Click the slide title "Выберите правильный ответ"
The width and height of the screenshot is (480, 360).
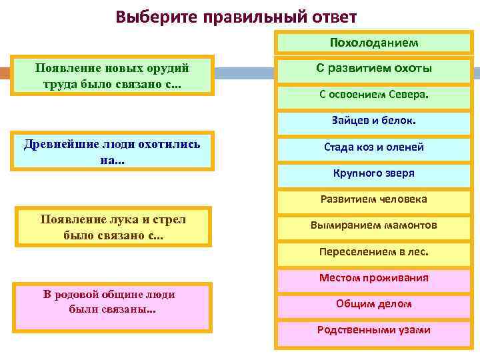point(236,16)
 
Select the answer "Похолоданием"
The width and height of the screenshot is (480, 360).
point(373,43)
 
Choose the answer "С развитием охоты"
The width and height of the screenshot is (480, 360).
point(373,69)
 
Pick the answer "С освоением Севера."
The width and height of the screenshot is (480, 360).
point(373,95)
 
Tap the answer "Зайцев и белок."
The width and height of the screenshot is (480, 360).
point(373,121)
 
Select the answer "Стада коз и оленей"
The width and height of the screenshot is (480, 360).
point(373,147)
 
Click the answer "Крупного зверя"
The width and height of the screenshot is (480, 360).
point(373,173)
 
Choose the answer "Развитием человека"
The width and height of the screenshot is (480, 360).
point(373,199)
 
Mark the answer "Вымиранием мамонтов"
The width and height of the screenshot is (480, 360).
point(373,225)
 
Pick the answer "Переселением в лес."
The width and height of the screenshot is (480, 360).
point(373,252)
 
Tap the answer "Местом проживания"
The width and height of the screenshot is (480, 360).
point(373,278)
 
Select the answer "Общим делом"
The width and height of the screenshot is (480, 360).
point(373,304)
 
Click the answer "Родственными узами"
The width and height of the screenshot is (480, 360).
point(373,330)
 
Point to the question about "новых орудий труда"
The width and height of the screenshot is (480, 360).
point(112,75)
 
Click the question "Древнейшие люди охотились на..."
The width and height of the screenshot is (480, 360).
point(112,151)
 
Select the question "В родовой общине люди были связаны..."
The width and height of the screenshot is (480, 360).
point(112,303)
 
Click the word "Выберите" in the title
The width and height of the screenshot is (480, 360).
point(154,16)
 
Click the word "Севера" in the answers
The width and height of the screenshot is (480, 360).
point(408,95)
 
